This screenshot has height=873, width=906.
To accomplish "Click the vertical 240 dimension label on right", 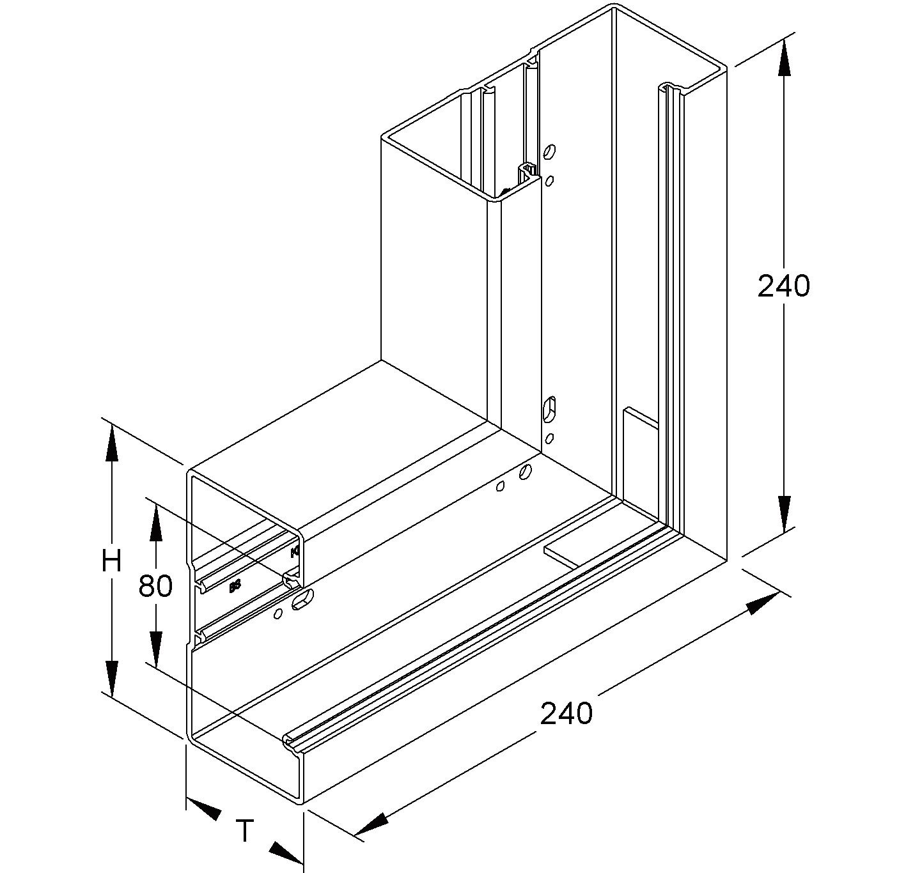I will pyautogui.click(x=783, y=286).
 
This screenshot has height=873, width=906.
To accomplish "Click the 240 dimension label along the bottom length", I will pyautogui.click(x=566, y=714).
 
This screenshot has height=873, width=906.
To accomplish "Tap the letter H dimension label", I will pyautogui.click(x=111, y=561).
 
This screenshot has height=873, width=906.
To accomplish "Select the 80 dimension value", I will pyautogui.click(x=155, y=586).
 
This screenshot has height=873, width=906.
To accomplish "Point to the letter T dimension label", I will pyautogui.click(x=245, y=831).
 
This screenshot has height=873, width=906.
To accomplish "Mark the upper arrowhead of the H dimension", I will pyautogui.click(x=111, y=442).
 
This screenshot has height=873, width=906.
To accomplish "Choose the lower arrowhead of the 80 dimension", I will pyautogui.click(x=155, y=648).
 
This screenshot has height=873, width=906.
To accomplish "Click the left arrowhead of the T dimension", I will pyautogui.click(x=203, y=809).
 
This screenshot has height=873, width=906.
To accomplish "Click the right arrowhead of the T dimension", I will pyautogui.click(x=286, y=851).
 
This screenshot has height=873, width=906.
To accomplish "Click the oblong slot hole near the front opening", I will pyautogui.click(x=303, y=600).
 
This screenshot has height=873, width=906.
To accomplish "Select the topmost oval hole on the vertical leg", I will pyautogui.click(x=549, y=152).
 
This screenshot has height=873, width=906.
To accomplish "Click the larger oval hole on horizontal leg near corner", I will pyautogui.click(x=525, y=472).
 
